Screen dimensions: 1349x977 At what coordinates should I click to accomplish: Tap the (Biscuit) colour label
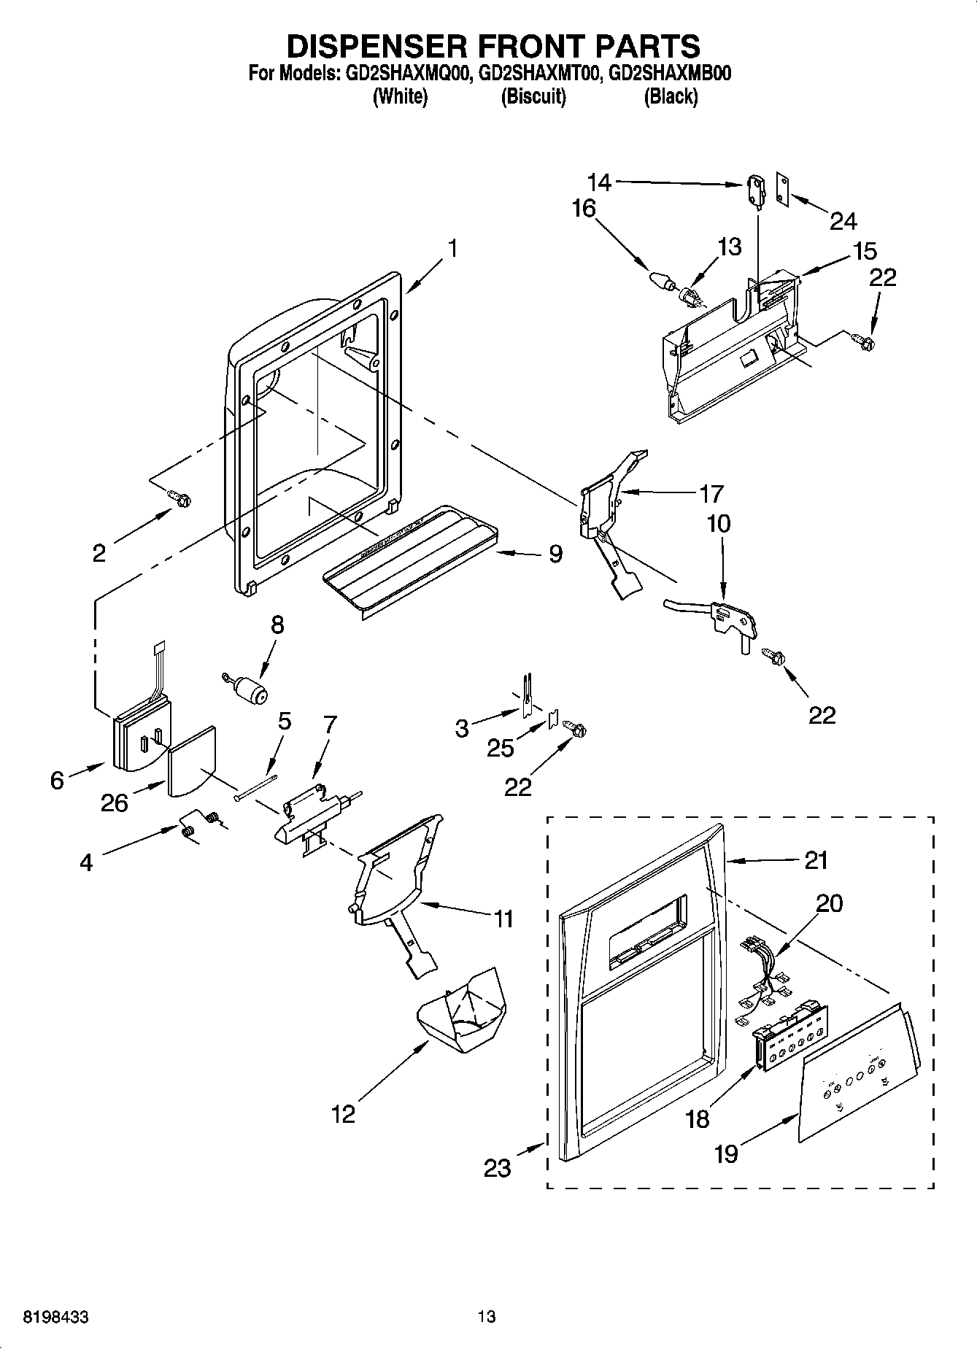(x=533, y=97)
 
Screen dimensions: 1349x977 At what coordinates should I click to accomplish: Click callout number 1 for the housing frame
(x=452, y=249)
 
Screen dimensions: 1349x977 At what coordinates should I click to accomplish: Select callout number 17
(x=711, y=494)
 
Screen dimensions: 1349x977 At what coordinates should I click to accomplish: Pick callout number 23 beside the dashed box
(x=498, y=1168)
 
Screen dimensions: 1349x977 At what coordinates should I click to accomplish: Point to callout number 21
(x=816, y=860)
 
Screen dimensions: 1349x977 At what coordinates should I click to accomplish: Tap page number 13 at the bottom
(x=487, y=1317)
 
